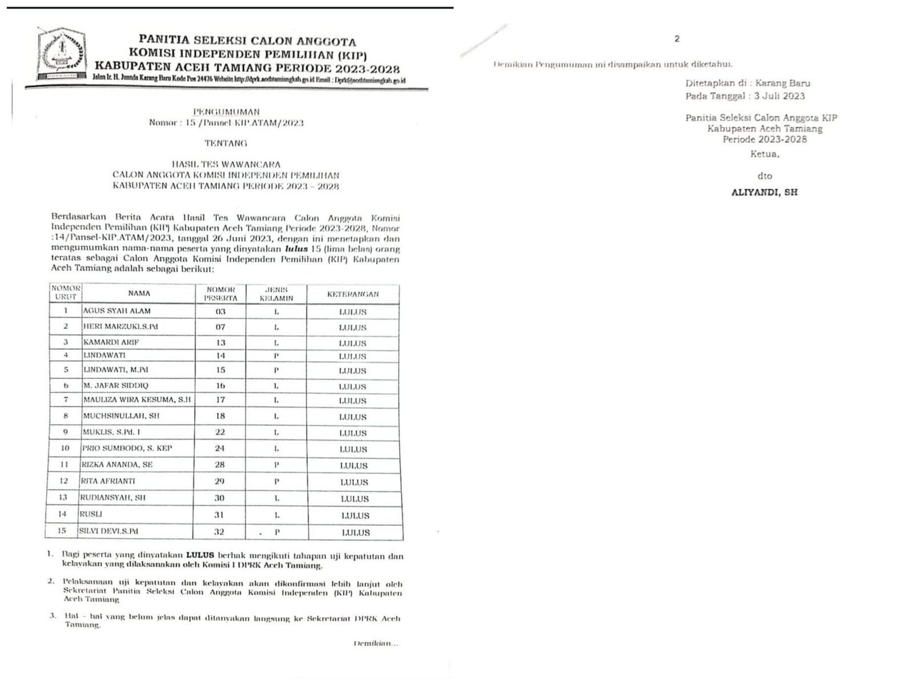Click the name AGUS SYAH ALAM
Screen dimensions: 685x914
pyautogui.click(x=117, y=311)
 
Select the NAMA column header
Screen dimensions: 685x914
pyautogui.click(x=139, y=293)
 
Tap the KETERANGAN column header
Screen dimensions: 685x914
pyautogui.click(x=352, y=295)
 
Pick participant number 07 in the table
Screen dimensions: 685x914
pyautogui.click(x=220, y=327)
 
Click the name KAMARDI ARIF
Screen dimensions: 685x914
pyautogui.click(x=111, y=342)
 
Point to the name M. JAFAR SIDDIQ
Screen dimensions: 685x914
pyautogui.click(x=116, y=386)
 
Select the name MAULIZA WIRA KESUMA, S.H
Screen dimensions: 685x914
pyautogui.click(x=137, y=400)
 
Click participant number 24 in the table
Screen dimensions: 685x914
pyautogui.click(x=220, y=449)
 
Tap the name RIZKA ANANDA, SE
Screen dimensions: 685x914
pyautogui.click(x=118, y=465)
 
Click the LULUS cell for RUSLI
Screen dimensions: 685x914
pyautogui.click(x=355, y=515)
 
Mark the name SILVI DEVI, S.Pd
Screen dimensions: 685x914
pyautogui.click(x=111, y=531)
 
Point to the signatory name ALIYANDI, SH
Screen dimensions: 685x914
pyautogui.click(x=764, y=193)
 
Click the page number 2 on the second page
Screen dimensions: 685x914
pyautogui.click(x=677, y=39)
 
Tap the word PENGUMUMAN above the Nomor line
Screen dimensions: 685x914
pyautogui.click(x=226, y=112)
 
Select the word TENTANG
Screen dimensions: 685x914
pyautogui.click(x=226, y=143)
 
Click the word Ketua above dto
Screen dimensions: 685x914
pyautogui.click(x=764, y=154)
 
